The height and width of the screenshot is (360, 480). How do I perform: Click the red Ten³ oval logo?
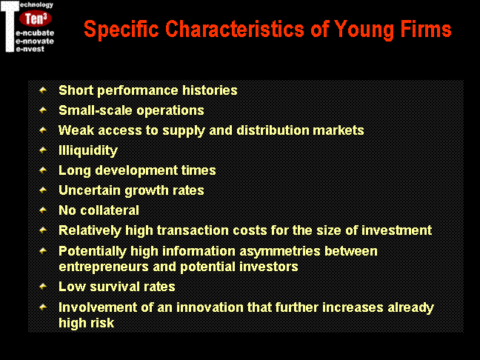click(x=36, y=19)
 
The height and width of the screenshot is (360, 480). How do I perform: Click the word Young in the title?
click(x=364, y=30)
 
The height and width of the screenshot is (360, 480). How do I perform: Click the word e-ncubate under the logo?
click(x=35, y=33)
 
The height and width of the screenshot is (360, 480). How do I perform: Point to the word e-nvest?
click(x=30, y=49)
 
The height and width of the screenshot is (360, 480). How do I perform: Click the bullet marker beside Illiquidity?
click(x=43, y=150)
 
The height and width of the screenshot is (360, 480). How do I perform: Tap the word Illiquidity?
click(x=88, y=150)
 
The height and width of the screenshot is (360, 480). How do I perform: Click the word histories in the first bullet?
click(x=210, y=90)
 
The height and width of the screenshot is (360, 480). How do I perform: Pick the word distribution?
click(x=273, y=130)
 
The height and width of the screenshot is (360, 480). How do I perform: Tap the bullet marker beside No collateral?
click(x=43, y=210)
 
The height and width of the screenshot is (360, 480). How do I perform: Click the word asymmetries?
click(x=280, y=252)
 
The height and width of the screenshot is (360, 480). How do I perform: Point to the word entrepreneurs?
click(x=104, y=267)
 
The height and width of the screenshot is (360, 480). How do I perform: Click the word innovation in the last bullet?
click(x=210, y=307)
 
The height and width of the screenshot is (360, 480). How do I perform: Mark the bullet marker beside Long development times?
click(x=43, y=170)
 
